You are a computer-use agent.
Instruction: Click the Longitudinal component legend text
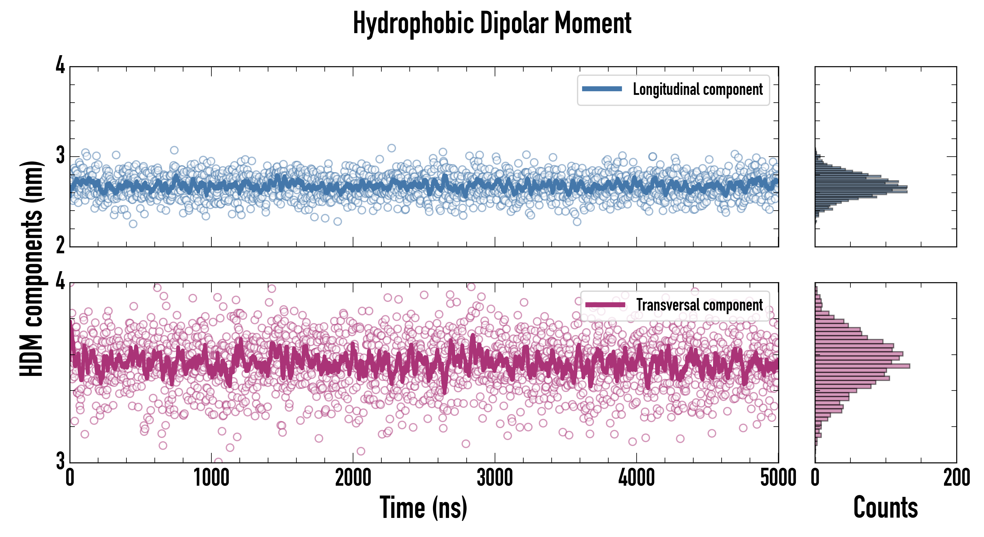point(697,89)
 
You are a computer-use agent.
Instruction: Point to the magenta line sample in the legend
point(605,305)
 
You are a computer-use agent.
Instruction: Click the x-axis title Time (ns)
point(423,507)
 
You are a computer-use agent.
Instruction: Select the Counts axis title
point(885,507)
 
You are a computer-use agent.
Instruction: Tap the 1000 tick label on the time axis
point(211,478)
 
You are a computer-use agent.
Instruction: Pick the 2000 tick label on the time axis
point(353,478)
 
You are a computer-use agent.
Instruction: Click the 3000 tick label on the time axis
point(495,478)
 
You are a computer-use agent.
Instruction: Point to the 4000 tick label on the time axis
point(636,478)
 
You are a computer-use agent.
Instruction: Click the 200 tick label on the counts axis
point(956,478)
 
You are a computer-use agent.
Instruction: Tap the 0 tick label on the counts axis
point(815,478)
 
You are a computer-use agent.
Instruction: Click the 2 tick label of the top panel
point(60,245)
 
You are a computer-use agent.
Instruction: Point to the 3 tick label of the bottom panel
point(60,461)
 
